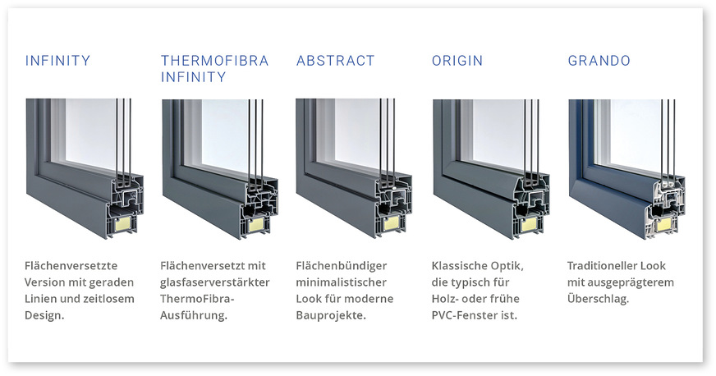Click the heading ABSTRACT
click(335, 61)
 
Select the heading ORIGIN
click(457, 61)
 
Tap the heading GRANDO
click(599, 61)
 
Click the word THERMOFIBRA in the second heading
click(215, 61)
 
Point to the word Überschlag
click(599, 299)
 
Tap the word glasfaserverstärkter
click(215, 282)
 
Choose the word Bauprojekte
click(330, 315)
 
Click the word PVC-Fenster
click(466, 315)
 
